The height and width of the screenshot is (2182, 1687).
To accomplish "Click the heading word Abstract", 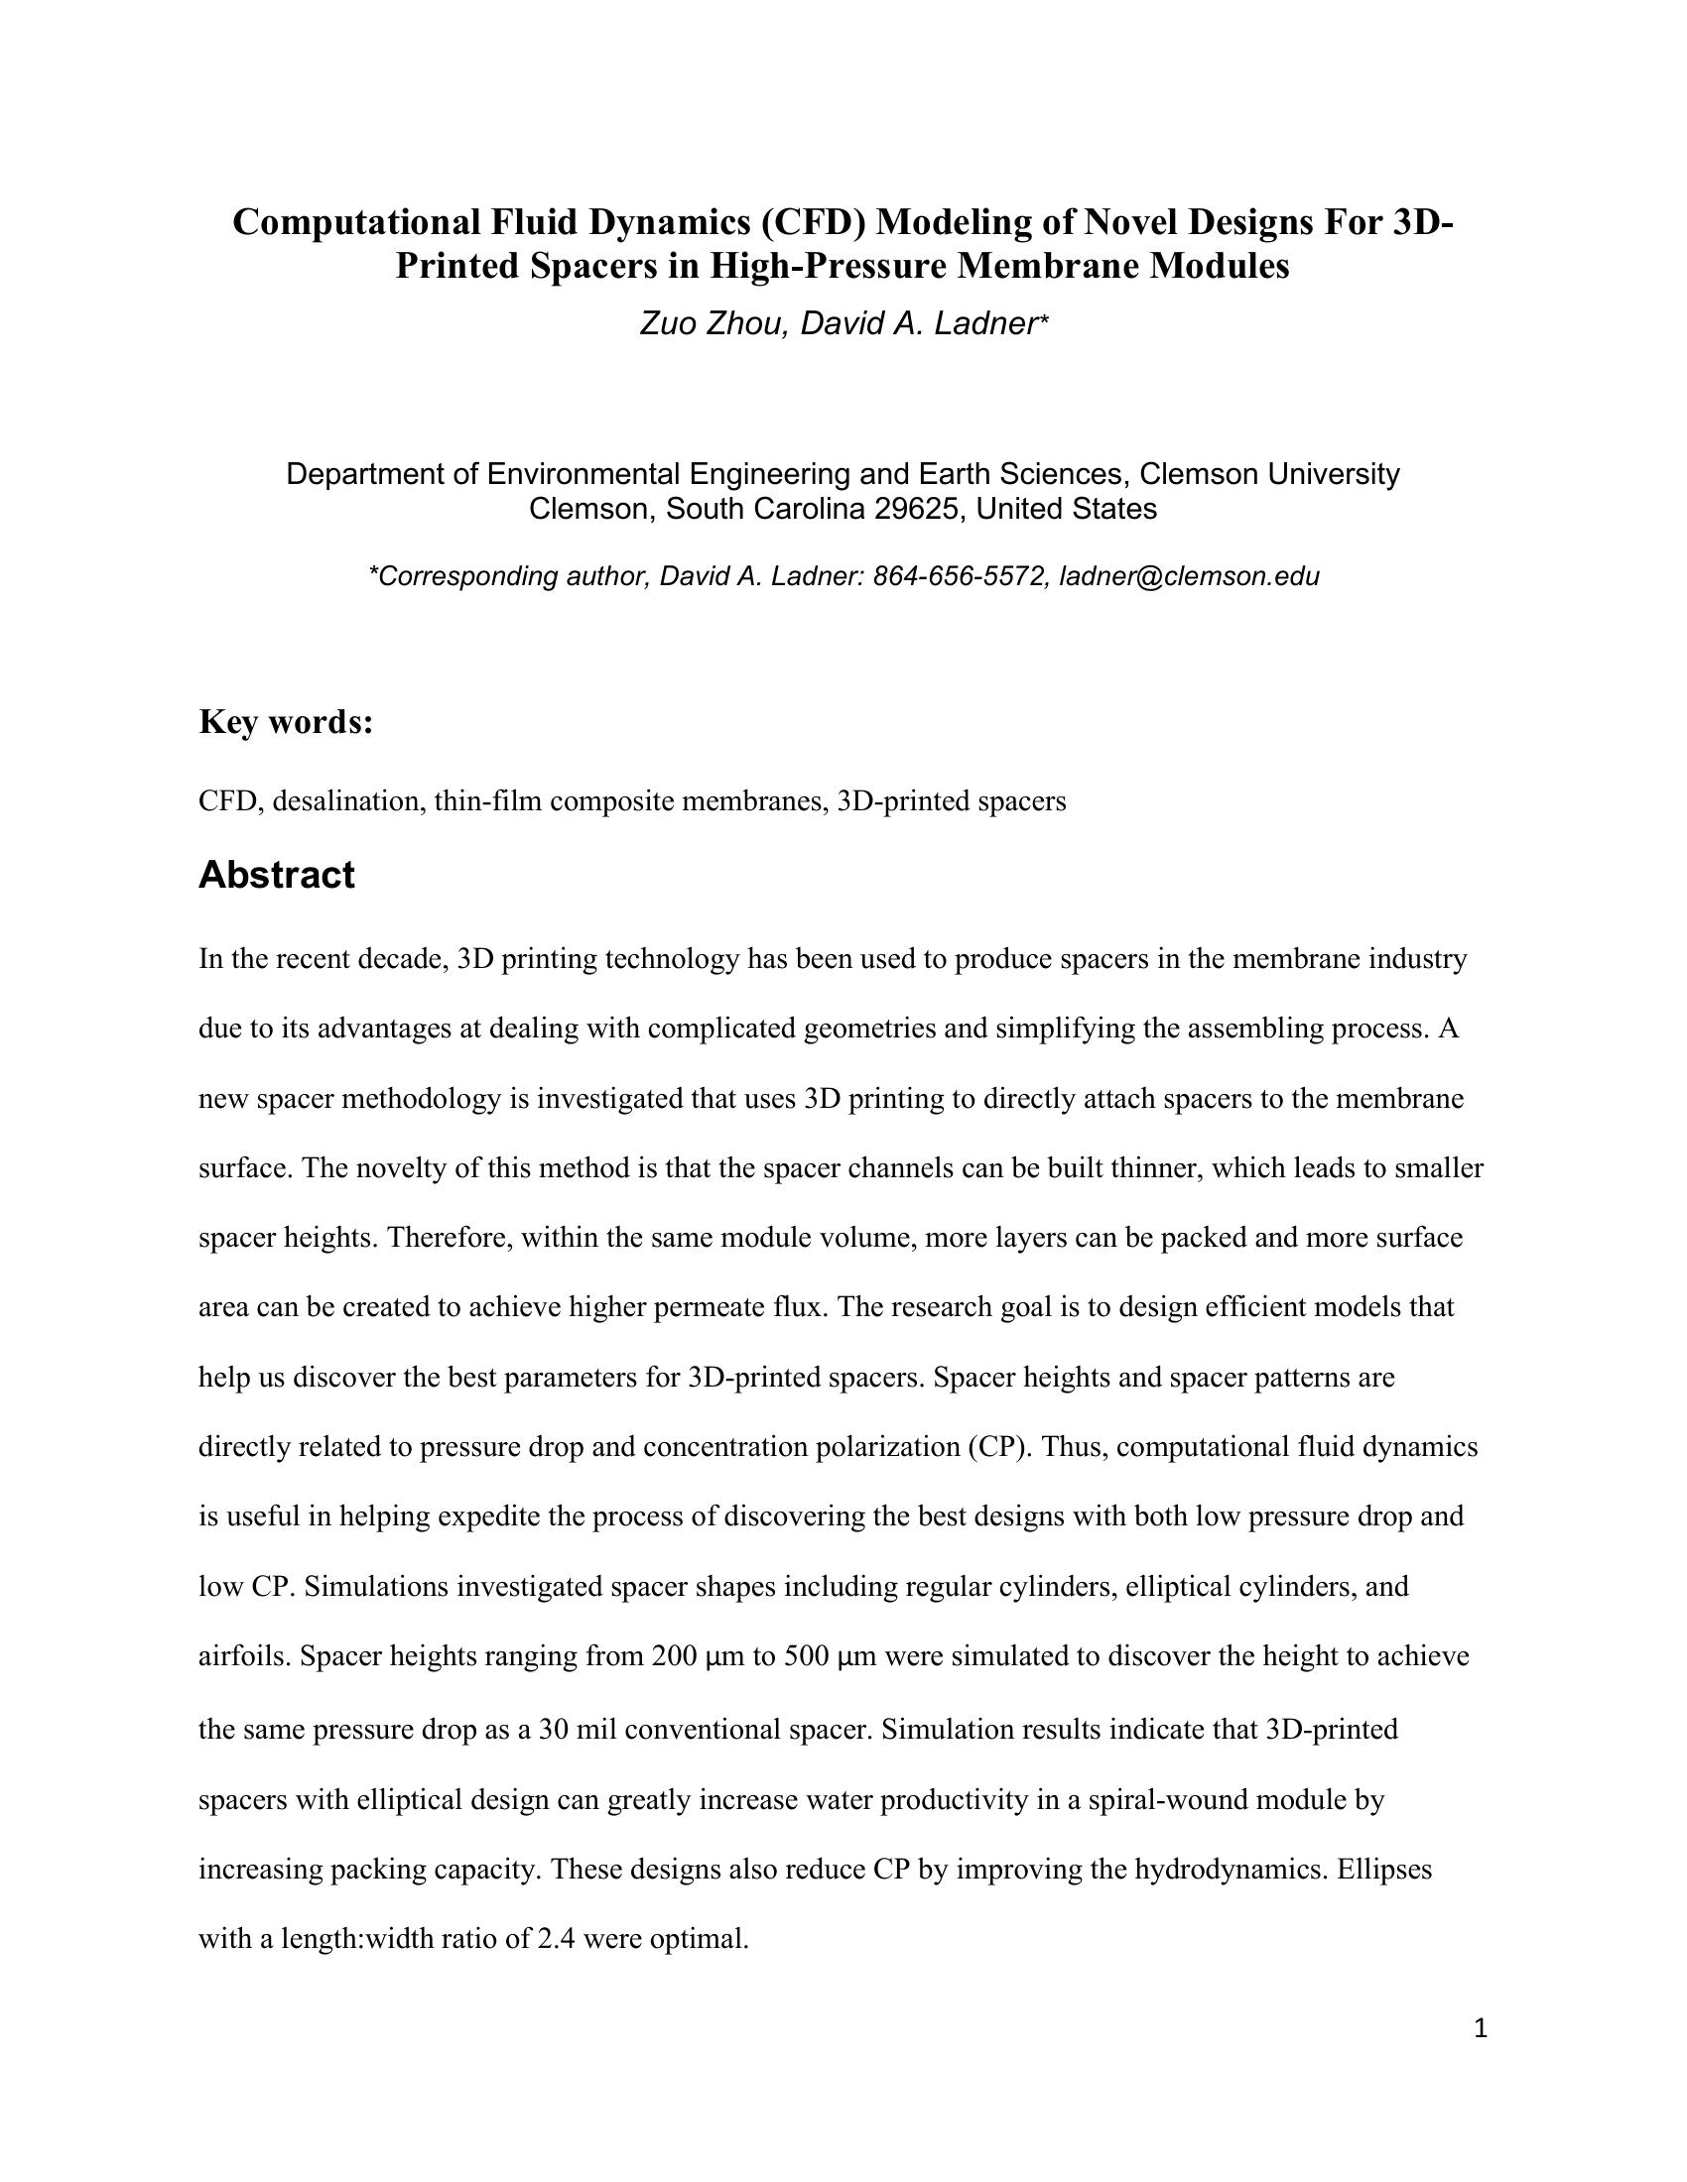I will pos(276,875).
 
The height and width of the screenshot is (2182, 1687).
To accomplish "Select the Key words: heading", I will pos(286,721).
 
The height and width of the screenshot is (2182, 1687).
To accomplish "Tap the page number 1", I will pos(1481,2028).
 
